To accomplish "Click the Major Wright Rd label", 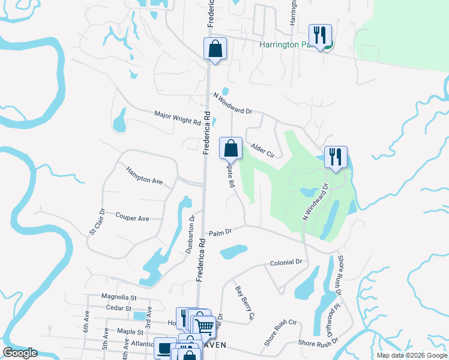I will pos(177,118).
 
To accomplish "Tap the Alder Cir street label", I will pos(262,150).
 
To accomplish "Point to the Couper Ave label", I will pos(132,218).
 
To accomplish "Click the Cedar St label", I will pos(118,308).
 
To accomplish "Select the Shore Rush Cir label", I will pos(280,332).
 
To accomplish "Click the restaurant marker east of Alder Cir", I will pos(335,157).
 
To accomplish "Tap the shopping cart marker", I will pos(205,326).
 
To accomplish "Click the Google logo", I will pos(20,353).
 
